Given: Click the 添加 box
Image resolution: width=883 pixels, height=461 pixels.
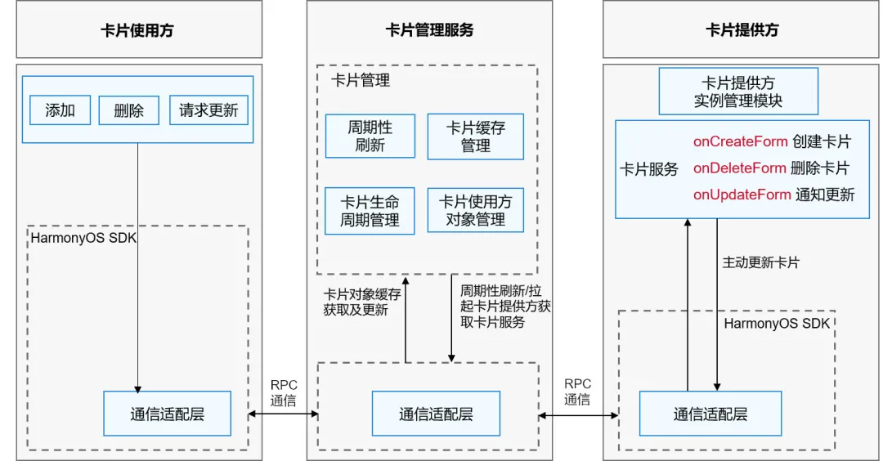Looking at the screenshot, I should pyautogui.click(x=60, y=110).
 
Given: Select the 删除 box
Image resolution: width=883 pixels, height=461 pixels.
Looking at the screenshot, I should pyautogui.click(x=128, y=110).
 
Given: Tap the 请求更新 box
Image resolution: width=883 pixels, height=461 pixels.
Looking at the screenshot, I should pyautogui.click(x=208, y=110).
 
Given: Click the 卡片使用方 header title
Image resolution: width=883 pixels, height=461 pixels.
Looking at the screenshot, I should pyautogui.click(x=137, y=30).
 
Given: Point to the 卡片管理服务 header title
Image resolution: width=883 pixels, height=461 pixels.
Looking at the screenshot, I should pyautogui.click(x=429, y=30).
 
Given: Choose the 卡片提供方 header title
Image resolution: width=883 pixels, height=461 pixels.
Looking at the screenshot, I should pyautogui.click(x=742, y=30).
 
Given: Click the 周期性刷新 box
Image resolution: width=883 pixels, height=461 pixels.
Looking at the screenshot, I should pyautogui.click(x=370, y=137).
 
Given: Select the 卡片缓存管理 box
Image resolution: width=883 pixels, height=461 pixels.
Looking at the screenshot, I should pyautogui.click(x=475, y=137).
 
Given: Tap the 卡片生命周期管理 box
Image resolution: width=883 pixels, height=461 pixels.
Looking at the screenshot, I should pyautogui.click(x=370, y=211).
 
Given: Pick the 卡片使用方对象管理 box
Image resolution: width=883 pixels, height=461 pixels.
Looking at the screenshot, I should pyautogui.click(x=475, y=211).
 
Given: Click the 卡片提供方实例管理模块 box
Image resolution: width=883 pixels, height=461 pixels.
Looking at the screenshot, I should pyautogui.click(x=738, y=92).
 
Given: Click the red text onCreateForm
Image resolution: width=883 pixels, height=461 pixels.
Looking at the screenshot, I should pyautogui.click(x=741, y=141).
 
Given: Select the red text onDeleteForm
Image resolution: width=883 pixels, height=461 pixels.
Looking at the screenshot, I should pyautogui.click(x=740, y=168).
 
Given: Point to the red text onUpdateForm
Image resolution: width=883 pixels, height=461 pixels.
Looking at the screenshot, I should pyautogui.click(x=742, y=195).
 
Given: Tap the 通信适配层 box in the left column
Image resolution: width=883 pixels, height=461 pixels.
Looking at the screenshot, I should pyautogui.click(x=167, y=414).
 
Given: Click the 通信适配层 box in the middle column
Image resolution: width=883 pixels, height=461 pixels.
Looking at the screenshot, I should pyautogui.click(x=436, y=414).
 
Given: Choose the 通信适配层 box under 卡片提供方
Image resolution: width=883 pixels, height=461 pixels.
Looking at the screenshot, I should pyautogui.click(x=710, y=414).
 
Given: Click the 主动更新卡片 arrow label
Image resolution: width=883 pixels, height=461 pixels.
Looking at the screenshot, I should pyautogui.click(x=760, y=263).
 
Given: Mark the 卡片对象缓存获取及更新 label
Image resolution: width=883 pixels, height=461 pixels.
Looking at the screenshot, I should pyautogui.click(x=361, y=302).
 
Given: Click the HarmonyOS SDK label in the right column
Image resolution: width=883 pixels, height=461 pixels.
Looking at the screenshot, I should pyautogui.click(x=777, y=324).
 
